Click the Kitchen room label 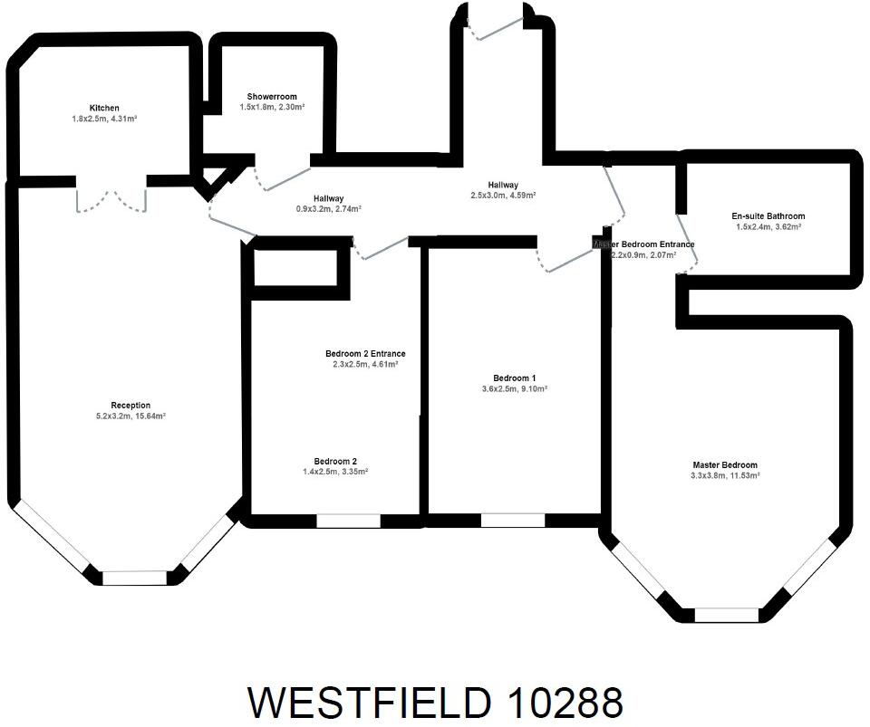tap(104, 108)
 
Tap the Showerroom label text tap(272, 97)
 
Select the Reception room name tap(130, 405)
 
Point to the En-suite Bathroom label tap(768, 216)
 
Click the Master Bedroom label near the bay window tap(725, 464)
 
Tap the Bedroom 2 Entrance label tap(365, 353)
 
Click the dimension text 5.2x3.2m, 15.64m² tap(130, 416)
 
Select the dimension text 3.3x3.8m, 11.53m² tap(725, 475)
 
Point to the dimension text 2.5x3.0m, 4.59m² tap(503, 196)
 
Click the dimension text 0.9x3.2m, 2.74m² tap(328, 209)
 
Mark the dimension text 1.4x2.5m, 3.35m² tap(335, 472)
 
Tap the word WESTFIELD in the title tap(370, 702)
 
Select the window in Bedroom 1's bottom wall tap(513, 520)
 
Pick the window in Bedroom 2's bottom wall tap(349, 521)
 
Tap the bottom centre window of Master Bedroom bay tap(727, 615)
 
